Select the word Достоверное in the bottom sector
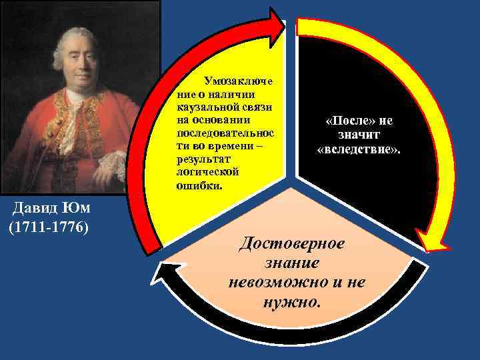(x=293, y=242)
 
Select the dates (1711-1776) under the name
(x=48, y=227)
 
